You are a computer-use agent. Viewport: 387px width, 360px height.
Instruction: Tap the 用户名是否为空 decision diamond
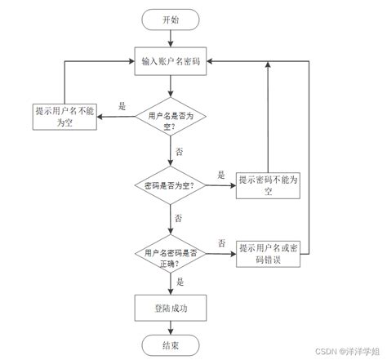tap(171, 121)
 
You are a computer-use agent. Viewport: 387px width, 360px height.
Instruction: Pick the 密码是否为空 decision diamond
tap(171, 186)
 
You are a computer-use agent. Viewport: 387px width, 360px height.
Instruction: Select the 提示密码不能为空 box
tap(268, 186)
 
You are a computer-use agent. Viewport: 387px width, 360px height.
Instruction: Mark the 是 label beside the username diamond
tap(122, 106)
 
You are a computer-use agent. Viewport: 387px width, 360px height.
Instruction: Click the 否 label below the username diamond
tap(179, 152)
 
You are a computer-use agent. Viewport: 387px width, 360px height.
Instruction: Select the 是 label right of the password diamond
tap(220, 175)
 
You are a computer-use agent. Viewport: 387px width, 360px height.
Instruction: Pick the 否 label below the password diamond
tap(179, 218)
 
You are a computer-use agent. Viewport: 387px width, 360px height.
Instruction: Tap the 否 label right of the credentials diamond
tap(221, 243)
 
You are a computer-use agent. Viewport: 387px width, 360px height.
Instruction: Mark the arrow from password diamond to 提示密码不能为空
tap(219, 186)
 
